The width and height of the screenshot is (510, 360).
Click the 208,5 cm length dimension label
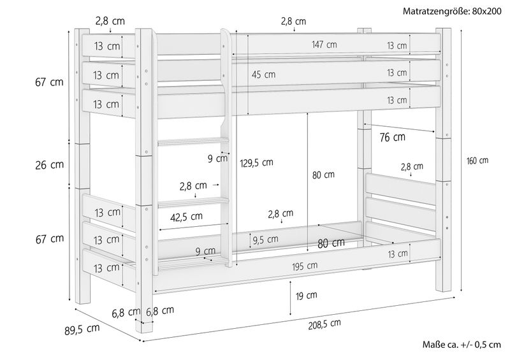[324, 324]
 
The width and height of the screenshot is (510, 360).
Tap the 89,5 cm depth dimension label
[82, 329]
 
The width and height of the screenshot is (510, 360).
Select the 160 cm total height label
[477, 161]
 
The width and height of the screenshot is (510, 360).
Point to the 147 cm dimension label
[324, 44]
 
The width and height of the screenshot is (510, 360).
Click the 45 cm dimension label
[263, 75]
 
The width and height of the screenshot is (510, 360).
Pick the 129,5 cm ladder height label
[257, 162]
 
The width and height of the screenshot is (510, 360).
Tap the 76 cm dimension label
[392, 137]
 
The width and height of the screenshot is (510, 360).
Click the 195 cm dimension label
[305, 266]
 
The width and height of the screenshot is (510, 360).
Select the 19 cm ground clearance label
[306, 296]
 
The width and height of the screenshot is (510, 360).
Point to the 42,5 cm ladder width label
[186, 217]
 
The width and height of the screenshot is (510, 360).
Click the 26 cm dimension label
[50, 165]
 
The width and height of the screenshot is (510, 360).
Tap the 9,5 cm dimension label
[265, 240]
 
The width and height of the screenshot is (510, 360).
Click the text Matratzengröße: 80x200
[452, 11]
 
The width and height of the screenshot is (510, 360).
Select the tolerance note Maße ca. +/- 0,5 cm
[462, 345]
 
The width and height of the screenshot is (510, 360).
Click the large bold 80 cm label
[331, 243]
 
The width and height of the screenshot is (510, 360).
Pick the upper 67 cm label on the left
[50, 82]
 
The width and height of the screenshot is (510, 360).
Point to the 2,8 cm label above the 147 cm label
[294, 22]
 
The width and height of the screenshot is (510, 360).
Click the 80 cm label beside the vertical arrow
[323, 175]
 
